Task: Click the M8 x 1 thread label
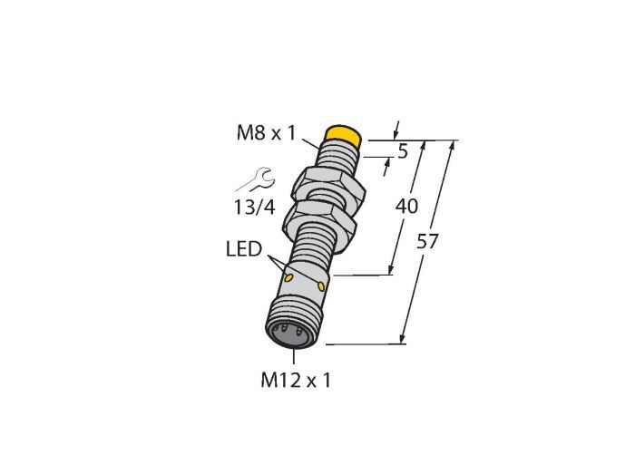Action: point(267,132)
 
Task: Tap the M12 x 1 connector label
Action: point(296,380)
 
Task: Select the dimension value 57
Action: point(427,241)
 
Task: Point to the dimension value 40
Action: point(406,207)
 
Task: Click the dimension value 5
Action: point(403,151)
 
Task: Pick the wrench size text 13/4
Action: point(254,208)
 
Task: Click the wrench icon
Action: point(256,179)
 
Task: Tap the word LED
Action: point(244,248)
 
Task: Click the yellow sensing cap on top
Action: point(344,135)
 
